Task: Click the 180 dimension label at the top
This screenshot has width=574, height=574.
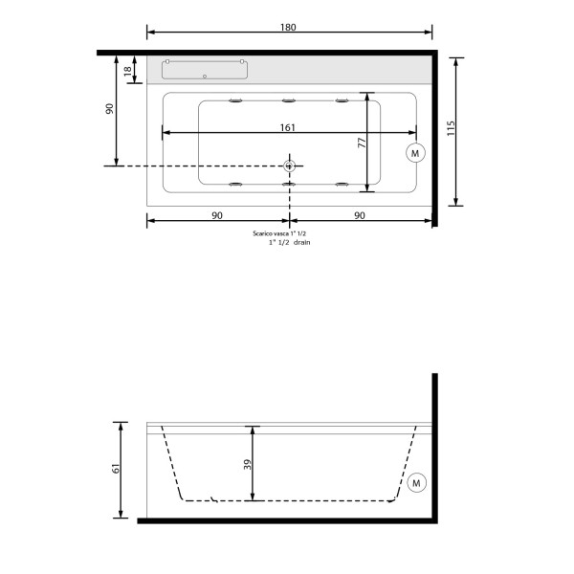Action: tap(288, 28)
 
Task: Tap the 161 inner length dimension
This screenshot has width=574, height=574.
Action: tap(288, 127)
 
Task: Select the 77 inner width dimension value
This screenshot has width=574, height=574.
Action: tap(362, 143)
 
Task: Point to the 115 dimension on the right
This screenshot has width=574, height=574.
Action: tap(451, 128)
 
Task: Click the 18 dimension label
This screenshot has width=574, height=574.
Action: tap(127, 71)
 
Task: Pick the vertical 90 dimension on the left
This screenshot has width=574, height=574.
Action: tap(109, 109)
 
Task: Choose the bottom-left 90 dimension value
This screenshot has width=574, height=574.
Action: tap(217, 215)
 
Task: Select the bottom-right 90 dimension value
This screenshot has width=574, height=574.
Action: tap(360, 215)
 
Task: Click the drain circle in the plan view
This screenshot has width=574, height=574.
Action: tap(290, 166)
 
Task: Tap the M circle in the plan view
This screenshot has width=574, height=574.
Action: tap(415, 153)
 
